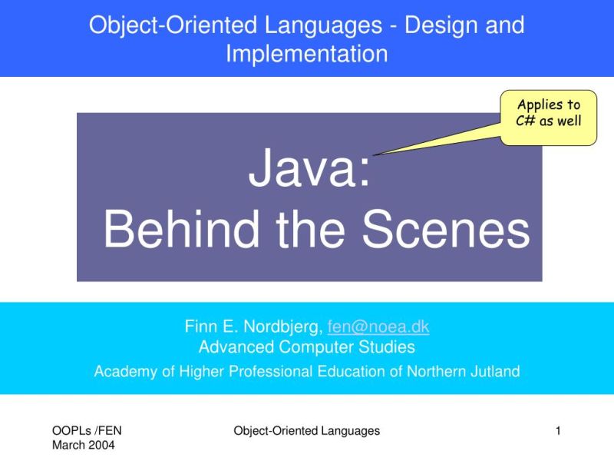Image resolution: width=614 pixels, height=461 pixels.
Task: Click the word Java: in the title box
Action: point(309,171)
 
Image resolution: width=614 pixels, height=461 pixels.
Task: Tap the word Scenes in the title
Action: point(446,228)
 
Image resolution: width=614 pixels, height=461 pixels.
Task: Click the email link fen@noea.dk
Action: point(378,327)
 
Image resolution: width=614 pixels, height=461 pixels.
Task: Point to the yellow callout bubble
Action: point(549,118)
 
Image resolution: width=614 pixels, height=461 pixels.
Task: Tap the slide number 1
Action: point(559,431)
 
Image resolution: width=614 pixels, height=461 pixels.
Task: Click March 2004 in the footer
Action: point(84,445)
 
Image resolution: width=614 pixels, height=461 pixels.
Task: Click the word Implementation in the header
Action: point(307,54)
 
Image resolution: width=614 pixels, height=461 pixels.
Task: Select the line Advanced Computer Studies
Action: point(307,347)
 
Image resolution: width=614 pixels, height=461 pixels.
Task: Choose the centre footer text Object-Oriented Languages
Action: point(306,431)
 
